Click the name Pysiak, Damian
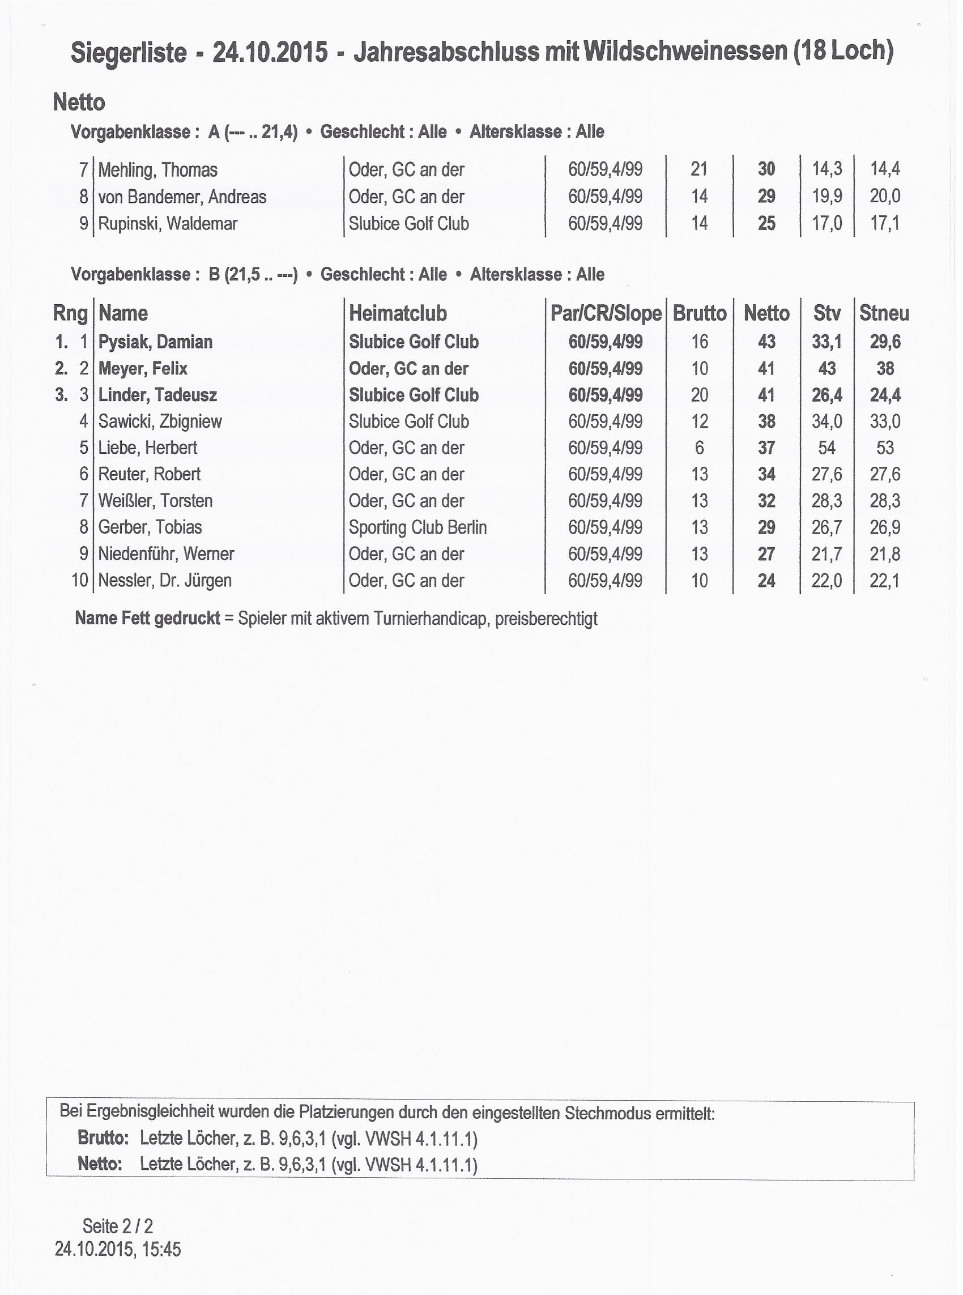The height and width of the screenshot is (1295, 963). tap(155, 342)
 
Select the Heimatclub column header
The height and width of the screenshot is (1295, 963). tap(398, 313)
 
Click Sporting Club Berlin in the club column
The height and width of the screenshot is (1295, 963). tap(417, 527)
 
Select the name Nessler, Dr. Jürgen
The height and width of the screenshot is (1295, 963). tap(165, 581)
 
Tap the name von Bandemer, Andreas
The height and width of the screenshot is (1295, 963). tap(182, 197)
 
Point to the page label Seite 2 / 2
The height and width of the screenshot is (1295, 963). tap(118, 1226)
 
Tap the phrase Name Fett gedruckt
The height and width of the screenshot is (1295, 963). tap(147, 619)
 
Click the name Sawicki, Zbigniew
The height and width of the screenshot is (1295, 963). tap(160, 421)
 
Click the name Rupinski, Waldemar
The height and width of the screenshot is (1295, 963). tap(167, 224)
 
